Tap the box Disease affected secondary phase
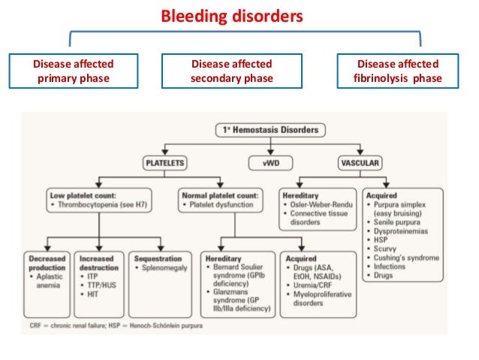point(230,71)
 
